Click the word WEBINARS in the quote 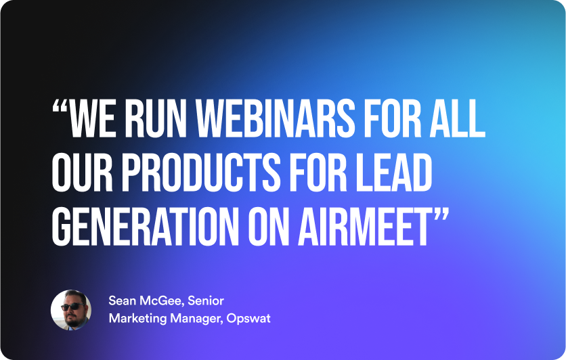[x=275, y=118]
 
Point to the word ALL [x=457, y=118]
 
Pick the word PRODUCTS [x=200, y=172]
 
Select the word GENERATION [x=145, y=226]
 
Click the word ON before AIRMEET [x=269, y=226]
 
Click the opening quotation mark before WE [x=60, y=106]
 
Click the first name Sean [x=123, y=301]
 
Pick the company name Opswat [x=248, y=319]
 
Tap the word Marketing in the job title [x=137, y=319]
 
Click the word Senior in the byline [x=206, y=301]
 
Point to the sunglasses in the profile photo [x=73, y=307]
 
